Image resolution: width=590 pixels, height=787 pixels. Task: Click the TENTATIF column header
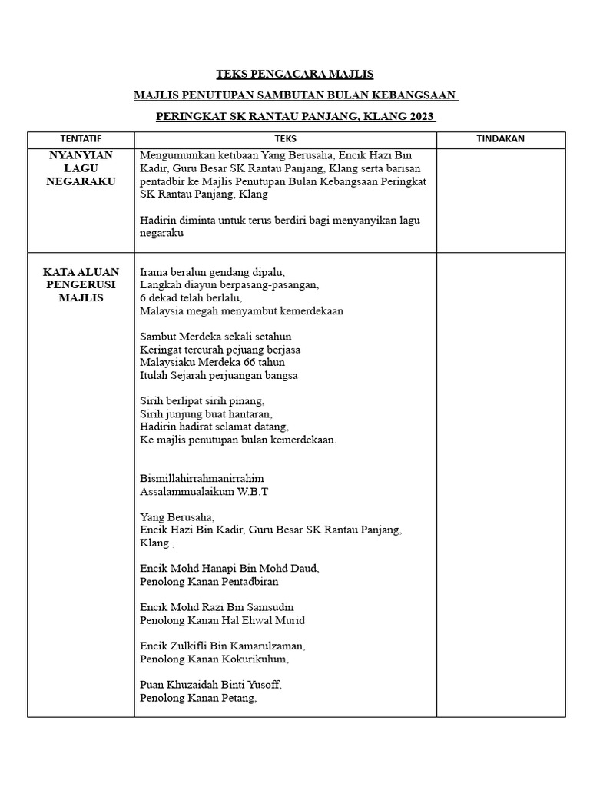click(81, 139)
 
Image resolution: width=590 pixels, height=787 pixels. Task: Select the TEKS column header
click(284, 139)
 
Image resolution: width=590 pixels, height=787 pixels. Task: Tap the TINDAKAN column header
click(500, 139)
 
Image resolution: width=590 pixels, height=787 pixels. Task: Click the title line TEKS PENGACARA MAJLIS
click(295, 75)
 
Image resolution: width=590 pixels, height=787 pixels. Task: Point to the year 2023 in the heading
click(421, 118)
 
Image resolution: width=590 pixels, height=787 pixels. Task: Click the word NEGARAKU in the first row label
click(81, 181)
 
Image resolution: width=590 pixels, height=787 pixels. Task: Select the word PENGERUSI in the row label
click(81, 284)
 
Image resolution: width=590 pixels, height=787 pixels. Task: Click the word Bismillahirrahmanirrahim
click(202, 477)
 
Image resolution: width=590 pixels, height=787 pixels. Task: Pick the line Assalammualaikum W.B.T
click(204, 490)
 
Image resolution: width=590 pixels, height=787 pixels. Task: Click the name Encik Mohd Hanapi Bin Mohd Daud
click(229, 568)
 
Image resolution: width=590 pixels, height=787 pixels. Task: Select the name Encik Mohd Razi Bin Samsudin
click(217, 607)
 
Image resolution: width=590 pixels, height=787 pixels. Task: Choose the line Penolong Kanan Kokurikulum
click(214, 659)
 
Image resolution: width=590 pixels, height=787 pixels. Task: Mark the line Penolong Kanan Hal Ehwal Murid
click(223, 620)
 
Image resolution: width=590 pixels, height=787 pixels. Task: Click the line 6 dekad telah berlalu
click(191, 297)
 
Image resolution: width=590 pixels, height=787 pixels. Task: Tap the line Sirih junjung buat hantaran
click(206, 413)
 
